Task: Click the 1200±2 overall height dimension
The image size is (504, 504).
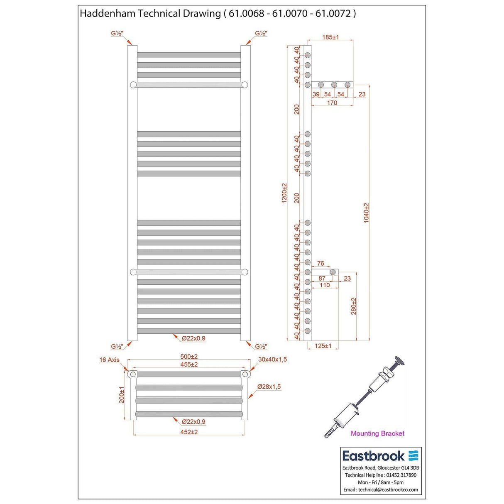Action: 284,193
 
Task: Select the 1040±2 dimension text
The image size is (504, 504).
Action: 366,213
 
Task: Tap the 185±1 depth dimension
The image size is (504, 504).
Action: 330,37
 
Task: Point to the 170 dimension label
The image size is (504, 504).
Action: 332,103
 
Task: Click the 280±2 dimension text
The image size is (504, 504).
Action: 354,306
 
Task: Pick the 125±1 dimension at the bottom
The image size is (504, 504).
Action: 323,346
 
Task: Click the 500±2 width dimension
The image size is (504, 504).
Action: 189,357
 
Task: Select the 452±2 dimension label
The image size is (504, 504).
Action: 189,432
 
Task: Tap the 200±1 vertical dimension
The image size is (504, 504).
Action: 122,395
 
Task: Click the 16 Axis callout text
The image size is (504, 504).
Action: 109,360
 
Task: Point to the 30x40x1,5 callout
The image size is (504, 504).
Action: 272,360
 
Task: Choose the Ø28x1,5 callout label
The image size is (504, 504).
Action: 269,387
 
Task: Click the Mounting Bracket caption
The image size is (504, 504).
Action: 377,433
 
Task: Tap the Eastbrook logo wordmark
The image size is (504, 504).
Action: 373,456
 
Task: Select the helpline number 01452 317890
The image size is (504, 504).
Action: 401,475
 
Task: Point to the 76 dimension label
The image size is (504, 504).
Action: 321,263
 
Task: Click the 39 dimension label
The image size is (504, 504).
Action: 316,94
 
